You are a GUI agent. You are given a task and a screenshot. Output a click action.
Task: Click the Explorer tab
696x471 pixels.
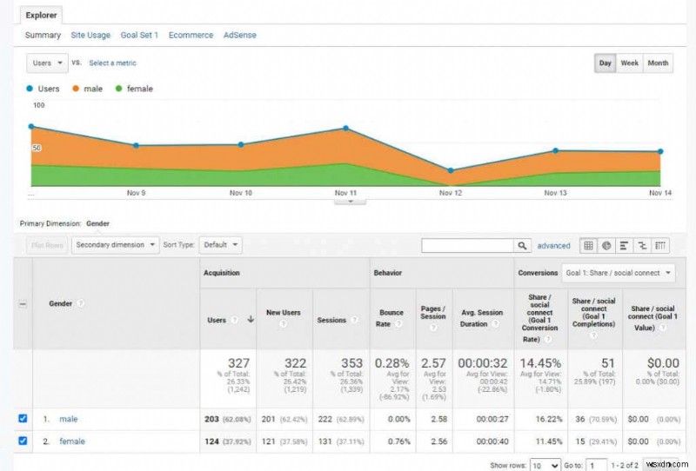pos(40,15)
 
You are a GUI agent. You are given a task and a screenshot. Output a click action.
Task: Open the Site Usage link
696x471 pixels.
pos(90,36)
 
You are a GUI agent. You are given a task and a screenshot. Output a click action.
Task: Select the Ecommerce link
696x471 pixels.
pos(191,36)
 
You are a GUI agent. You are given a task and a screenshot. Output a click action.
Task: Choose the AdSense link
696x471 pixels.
pos(240,36)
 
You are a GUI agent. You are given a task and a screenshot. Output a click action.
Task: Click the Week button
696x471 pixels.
pos(629,63)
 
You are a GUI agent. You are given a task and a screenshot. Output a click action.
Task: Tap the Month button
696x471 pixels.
pos(658,63)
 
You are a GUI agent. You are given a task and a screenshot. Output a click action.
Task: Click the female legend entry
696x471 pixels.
pos(139,89)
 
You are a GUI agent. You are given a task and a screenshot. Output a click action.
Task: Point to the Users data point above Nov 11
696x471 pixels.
pos(345,129)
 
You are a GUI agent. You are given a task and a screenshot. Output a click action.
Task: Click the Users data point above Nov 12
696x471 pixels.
pos(451,170)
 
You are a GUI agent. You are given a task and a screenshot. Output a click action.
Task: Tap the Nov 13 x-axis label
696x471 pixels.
pos(555,193)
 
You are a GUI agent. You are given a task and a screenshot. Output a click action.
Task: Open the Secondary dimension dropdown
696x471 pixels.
pos(116,245)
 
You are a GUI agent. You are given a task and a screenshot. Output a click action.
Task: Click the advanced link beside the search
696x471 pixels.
pos(553,246)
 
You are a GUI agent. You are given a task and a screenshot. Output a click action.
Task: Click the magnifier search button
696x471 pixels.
pos(522,246)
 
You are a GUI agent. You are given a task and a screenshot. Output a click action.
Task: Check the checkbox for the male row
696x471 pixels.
pos(23,419)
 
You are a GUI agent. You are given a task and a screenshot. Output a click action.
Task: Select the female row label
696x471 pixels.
pos(72,441)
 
